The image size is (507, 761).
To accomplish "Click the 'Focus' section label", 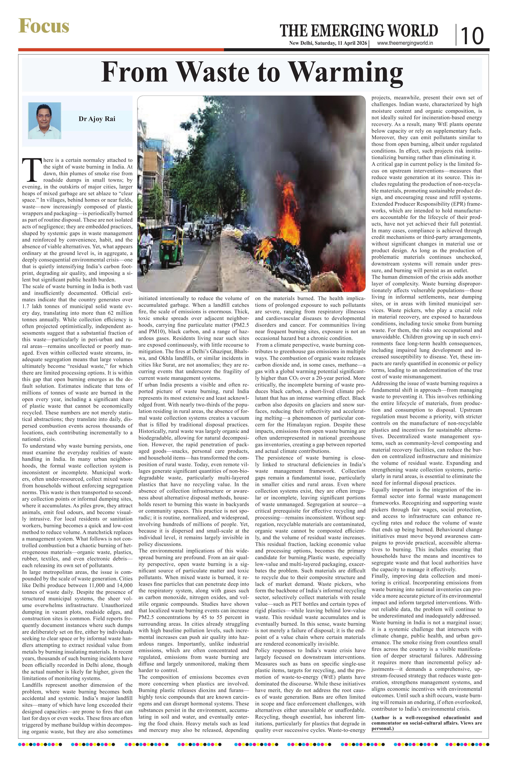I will point(44,26).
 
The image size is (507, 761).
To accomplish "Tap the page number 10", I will point(472,36).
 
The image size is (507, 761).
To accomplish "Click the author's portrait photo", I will point(45,121).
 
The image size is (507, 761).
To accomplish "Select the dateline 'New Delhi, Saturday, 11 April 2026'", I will point(328,43).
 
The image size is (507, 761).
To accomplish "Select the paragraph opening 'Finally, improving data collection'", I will point(426,576).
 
